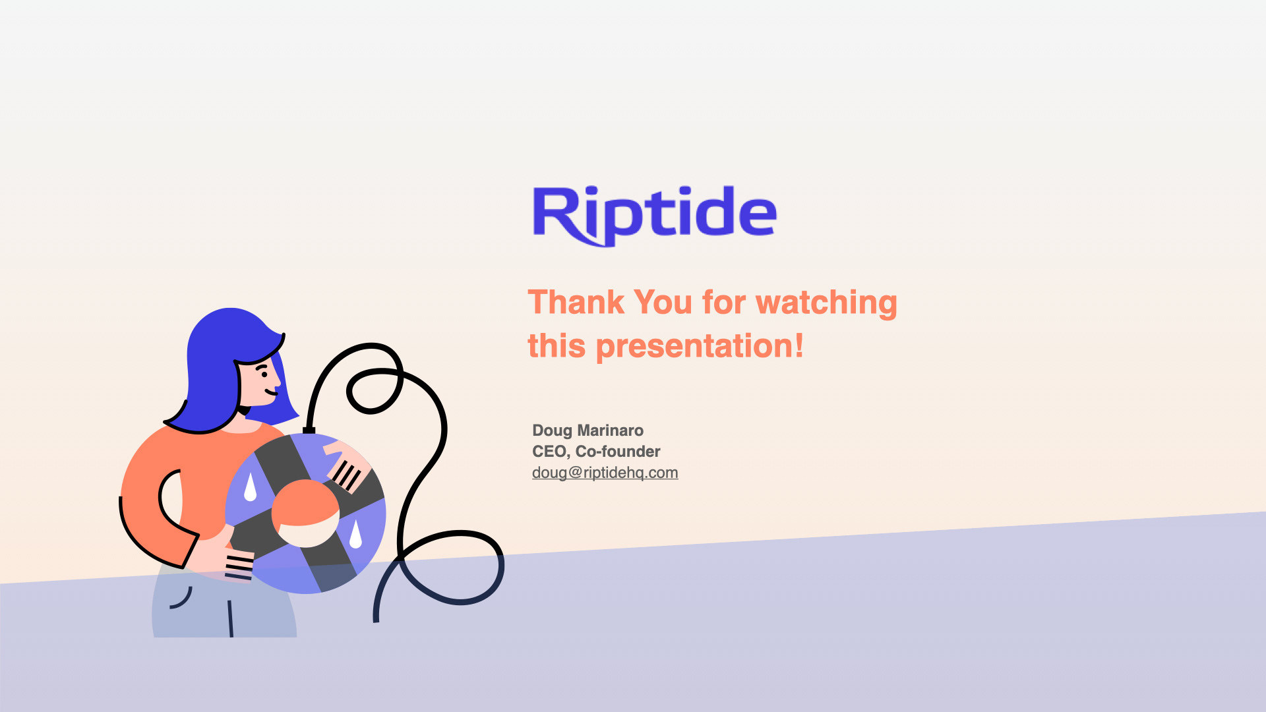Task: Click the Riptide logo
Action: pyautogui.click(x=655, y=216)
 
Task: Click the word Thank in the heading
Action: pyautogui.click(x=576, y=303)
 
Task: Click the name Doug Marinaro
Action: pyautogui.click(x=588, y=430)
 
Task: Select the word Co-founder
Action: pyautogui.click(x=618, y=452)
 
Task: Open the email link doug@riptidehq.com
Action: pyautogui.click(x=605, y=473)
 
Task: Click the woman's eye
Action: pyautogui.click(x=264, y=374)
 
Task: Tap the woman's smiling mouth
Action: pyautogui.click(x=271, y=393)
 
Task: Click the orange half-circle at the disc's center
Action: pyautogui.click(x=305, y=502)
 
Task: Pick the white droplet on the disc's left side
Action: pyautogui.click(x=250, y=487)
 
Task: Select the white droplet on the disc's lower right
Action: pyautogui.click(x=355, y=534)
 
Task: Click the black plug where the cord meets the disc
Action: pyautogui.click(x=309, y=430)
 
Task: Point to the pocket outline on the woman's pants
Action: pyautogui.click(x=182, y=599)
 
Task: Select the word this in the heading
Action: pyautogui.click(x=557, y=346)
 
